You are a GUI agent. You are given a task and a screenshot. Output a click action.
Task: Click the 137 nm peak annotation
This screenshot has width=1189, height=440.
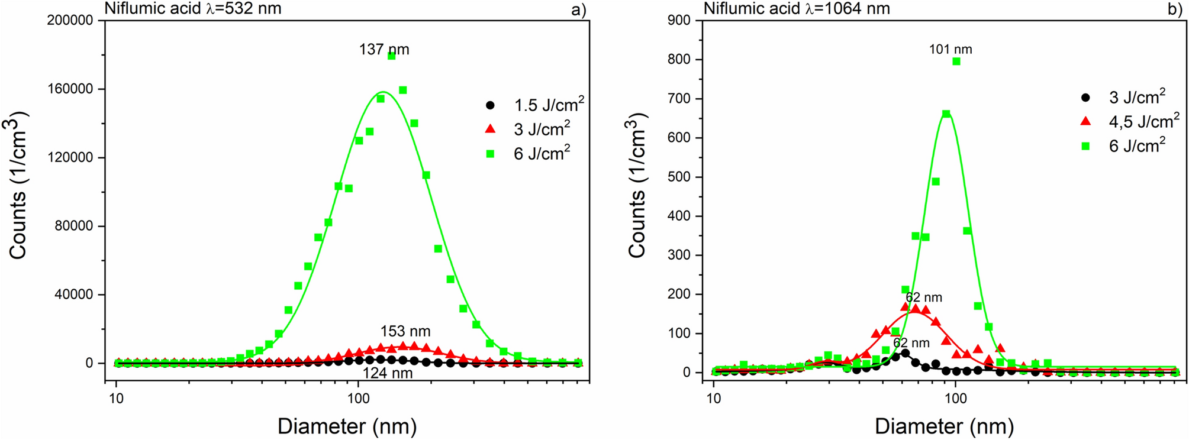coord(384,50)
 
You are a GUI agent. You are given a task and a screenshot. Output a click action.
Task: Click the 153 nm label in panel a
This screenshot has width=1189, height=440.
coord(405,331)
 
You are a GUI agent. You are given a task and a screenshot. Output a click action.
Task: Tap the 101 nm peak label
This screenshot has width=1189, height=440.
coord(950,50)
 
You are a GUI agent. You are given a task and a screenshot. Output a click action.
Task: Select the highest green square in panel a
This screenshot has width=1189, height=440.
coord(391,56)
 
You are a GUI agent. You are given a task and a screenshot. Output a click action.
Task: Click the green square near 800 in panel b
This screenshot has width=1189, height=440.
coord(956,62)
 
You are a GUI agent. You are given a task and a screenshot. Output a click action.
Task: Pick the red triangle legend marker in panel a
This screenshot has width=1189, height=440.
coord(489,129)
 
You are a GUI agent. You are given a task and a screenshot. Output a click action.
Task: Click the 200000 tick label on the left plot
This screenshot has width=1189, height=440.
coord(69,21)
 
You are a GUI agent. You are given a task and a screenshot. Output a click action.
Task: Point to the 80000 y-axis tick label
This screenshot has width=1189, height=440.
coord(73,226)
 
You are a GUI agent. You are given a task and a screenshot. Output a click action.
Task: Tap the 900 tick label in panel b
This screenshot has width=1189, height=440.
coord(679,21)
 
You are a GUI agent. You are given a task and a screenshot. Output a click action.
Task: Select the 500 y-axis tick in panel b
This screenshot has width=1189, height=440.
coord(679,177)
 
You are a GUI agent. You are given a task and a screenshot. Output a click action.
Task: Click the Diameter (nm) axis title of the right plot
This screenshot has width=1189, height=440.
coord(944,426)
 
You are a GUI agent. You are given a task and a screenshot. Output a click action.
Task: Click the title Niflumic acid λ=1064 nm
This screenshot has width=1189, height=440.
coord(796,8)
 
